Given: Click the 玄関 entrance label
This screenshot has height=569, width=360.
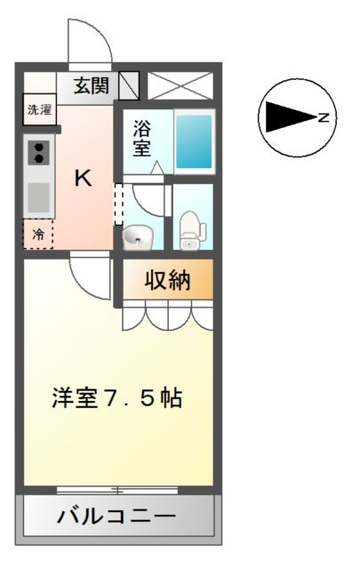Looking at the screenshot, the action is [92, 86].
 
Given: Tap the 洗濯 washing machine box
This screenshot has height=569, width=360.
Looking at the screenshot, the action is [40, 109].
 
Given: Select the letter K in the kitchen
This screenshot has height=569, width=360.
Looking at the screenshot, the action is [83, 178].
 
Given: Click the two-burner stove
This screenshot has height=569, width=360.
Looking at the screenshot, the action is [39, 153].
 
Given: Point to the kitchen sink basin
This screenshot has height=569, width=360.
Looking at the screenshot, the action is [39, 197].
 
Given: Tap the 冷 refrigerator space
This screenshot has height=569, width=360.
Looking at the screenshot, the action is [38, 234].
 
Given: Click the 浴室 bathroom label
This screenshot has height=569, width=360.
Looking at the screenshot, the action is [141, 139].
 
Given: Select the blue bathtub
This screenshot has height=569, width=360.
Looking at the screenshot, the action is [194, 142].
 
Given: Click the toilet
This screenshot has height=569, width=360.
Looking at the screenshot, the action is [192, 231].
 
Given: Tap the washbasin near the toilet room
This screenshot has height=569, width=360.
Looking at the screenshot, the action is [137, 237].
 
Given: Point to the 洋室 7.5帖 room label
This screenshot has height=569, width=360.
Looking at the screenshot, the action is [116, 398].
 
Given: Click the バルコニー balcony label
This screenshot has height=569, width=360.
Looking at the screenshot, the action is [116, 516].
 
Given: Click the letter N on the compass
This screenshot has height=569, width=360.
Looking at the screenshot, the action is [324, 117].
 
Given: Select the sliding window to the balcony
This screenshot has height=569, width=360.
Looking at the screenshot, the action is [116, 490].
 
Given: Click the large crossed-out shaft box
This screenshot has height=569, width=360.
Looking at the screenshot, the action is [180, 85].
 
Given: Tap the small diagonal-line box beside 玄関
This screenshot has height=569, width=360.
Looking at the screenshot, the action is [129, 85].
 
